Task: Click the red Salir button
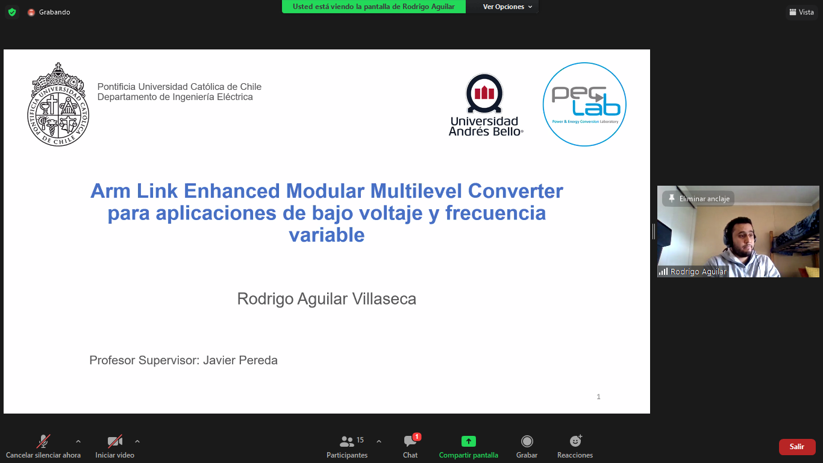click(797, 447)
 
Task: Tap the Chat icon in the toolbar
click(410, 441)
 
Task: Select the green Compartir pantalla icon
click(469, 441)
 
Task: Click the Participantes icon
click(346, 441)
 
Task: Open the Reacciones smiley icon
click(575, 441)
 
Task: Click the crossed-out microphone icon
click(43, 441)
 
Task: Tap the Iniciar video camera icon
click(114, 441)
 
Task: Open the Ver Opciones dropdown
click(507, 7)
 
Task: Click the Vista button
click(802, 12)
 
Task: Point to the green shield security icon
click(12, 12)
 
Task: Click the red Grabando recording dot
click(31, 12)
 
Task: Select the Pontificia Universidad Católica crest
click(58, 104)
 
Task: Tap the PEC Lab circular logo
click(584, 104)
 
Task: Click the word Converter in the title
click(515, 191)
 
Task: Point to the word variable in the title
click(327, 235)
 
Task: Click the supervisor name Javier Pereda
click(240, 360)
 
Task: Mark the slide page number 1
click(598, 397)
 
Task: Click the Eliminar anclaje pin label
click(698, 198)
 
